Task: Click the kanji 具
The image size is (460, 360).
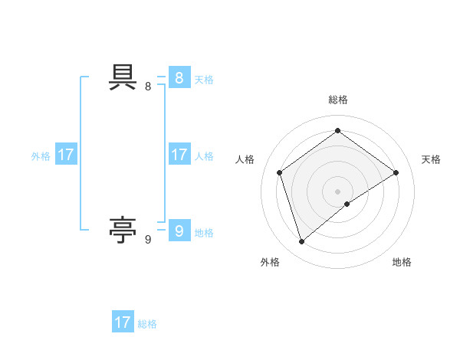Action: tap(123, 77)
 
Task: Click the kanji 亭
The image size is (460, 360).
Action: tap(123, 228)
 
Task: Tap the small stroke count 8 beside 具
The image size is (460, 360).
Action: tap(148, 87)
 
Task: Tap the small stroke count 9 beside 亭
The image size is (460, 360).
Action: tap(148, 240)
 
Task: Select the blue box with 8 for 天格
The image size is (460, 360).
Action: tap(179, 77)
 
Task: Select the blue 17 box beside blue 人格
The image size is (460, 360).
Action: tap(179, 155)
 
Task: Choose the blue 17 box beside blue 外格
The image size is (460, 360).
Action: tap(66, 155)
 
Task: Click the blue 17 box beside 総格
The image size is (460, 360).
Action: tap(123, 322)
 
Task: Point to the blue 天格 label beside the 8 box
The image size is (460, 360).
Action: tap(204, 80)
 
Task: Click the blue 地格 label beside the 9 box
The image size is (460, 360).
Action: tap(204, 233)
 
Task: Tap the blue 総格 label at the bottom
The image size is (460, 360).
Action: tap(147, 324)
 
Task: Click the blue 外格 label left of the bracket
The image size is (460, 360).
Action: tap(41, 156)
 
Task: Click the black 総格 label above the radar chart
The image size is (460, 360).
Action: tap(337, 100)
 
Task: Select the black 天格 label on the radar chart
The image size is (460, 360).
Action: tap(432, 159)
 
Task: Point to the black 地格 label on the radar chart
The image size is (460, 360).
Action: tap(402, 262)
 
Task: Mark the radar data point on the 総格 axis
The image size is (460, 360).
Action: tap(337, 130)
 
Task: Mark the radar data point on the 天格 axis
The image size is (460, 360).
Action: tap(396, 172)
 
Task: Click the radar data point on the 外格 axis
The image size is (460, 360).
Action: tap(301, 242)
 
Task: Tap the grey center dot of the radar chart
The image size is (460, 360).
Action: tap(337, 191)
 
